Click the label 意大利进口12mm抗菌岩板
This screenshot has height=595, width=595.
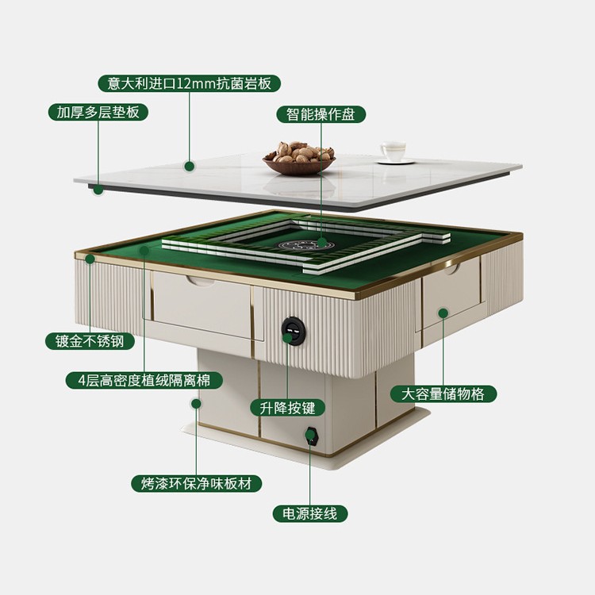coord(190,83)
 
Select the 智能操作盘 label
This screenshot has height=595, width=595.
coord(321,113)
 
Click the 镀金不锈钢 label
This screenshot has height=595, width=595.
coord(90,342)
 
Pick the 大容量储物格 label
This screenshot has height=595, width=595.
coord(443,393)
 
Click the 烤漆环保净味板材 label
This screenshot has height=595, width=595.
coord(196,483)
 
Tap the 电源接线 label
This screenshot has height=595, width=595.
coord(310,513)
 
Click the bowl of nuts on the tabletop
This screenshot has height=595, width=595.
coord(298,157)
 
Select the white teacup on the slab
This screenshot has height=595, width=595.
coord(392,152)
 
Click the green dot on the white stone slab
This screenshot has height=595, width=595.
coord(190,166)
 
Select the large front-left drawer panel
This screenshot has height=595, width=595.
coord(202,301)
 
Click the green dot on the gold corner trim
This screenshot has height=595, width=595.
coord(90,259)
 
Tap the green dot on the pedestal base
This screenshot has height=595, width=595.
coord(196,403)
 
